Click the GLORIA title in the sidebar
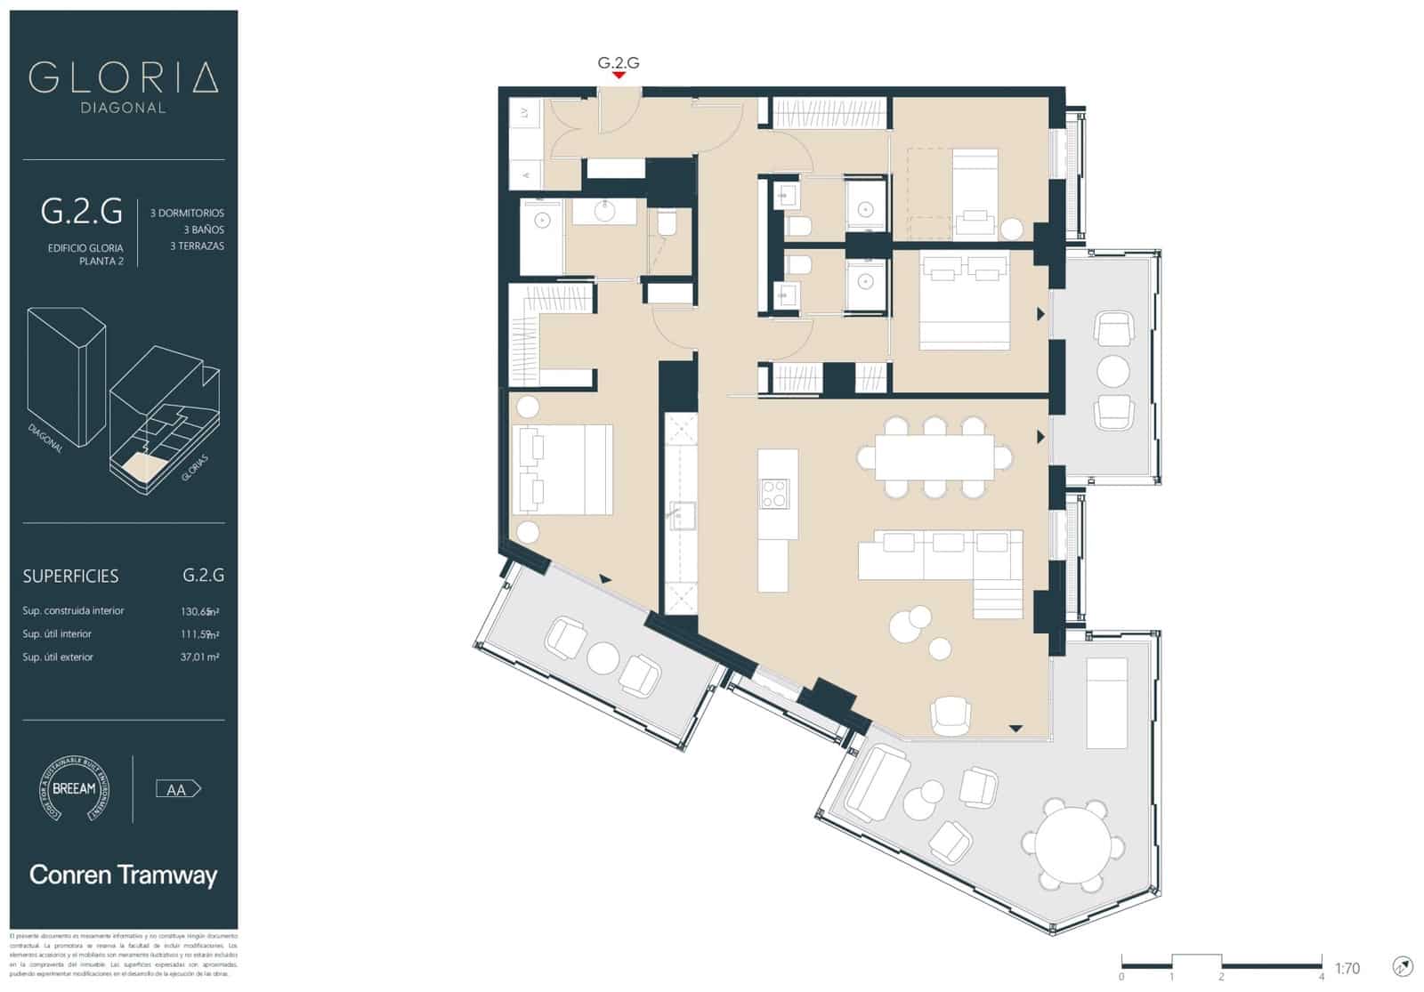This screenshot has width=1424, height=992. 123,78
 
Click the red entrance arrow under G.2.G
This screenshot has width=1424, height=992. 618,76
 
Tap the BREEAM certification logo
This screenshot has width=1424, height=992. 74,788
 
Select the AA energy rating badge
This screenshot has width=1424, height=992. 178,789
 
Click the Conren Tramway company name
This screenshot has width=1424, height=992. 123,875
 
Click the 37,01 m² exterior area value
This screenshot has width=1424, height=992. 199,657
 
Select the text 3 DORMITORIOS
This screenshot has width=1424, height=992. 187,214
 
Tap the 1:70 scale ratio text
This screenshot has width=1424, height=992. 1347,968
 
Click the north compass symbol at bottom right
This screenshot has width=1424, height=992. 1402,966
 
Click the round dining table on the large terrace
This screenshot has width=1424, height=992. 1072,844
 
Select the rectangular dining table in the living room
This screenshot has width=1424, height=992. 934,456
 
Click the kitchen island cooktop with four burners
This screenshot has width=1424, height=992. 773,493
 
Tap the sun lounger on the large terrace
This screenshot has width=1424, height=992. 1106,703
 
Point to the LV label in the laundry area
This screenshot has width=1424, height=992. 525,113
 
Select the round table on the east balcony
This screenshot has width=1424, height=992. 1112,369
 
